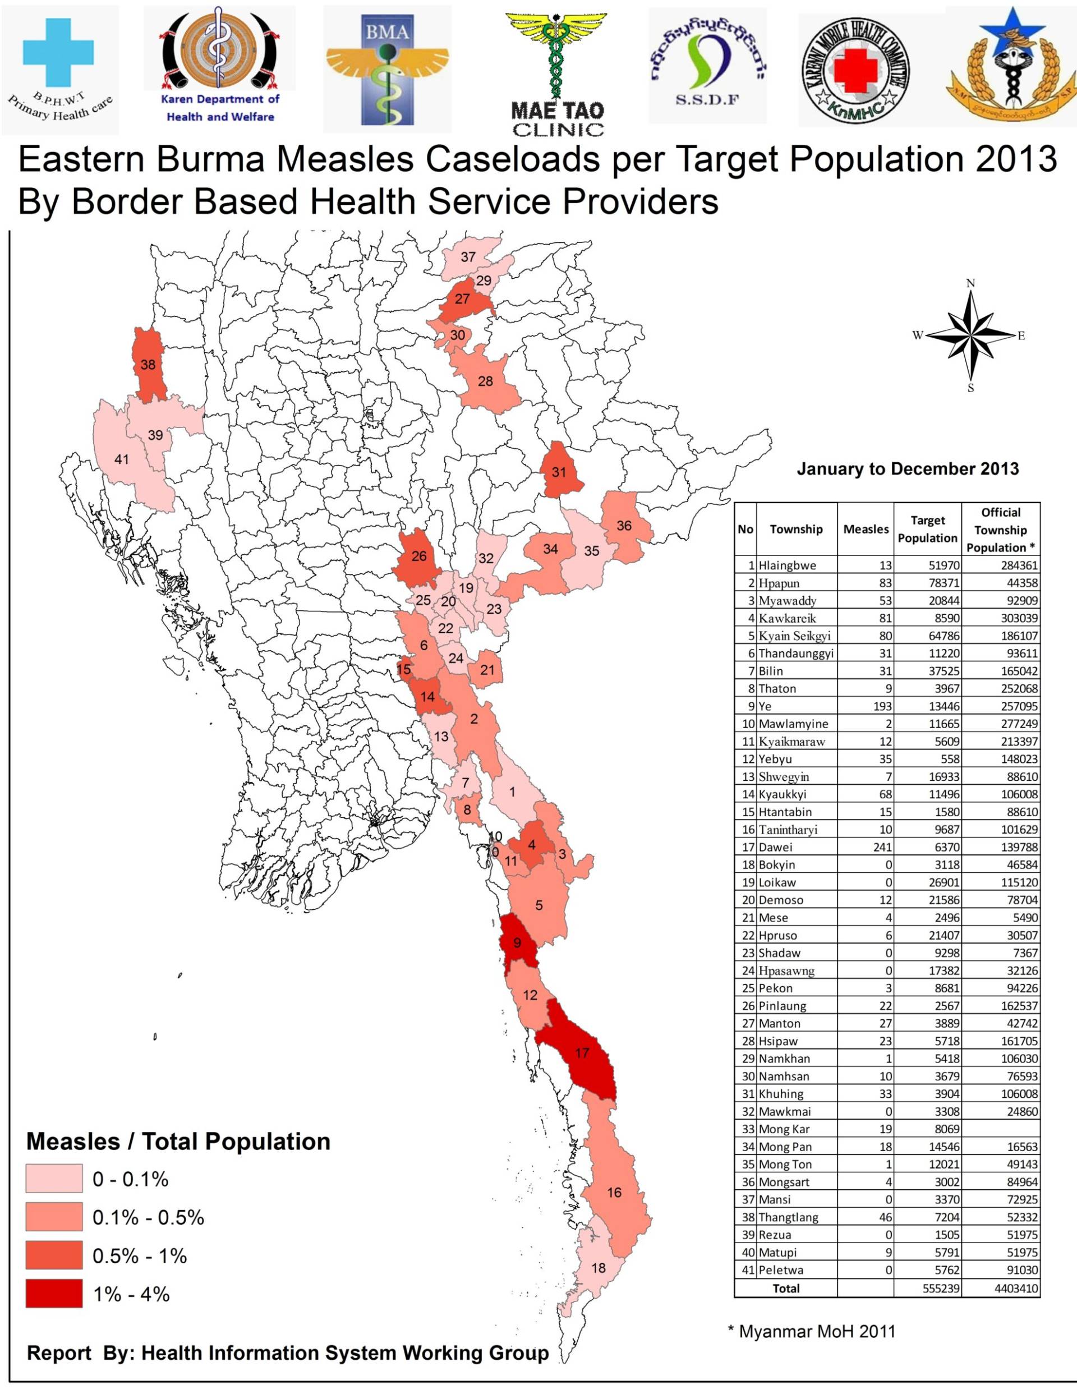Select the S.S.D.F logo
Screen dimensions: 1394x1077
(x=707, y=66)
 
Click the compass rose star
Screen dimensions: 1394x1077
(x=970, y=334)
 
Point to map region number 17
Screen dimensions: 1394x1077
(x=582, y=1052)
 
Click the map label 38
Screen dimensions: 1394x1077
(x=148, y=365)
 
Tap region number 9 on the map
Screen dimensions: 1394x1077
(x=517, y=943)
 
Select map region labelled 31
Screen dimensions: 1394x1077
(x=559, y=472)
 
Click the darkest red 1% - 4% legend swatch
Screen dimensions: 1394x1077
(x=54, y=1294)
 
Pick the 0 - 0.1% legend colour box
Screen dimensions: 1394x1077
(x=54, y=1179)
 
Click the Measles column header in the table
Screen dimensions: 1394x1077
(x=866, y=529)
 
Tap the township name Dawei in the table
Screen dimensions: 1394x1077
(x=775, y=847)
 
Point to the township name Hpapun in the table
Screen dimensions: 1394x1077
(x=779, y=583)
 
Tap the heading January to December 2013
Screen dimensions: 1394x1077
(x=907, y=469)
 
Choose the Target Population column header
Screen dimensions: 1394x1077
(x=927, y=529)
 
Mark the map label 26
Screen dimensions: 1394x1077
(x=419, y=556)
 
